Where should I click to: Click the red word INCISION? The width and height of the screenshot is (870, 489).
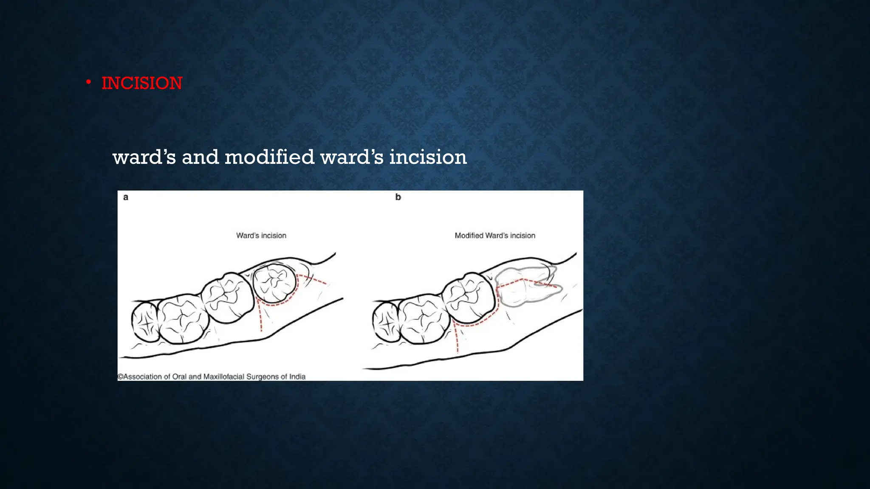(142, 83)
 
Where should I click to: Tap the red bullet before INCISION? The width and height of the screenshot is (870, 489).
(88, 82)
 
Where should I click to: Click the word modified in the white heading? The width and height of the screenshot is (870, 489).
(269, 157)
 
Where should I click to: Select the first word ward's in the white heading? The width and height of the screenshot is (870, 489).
(144, 157)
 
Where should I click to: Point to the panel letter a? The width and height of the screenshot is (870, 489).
(126, 197)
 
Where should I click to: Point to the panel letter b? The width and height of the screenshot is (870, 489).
(398, 197)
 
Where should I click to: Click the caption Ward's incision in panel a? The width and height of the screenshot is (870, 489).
(261, 236)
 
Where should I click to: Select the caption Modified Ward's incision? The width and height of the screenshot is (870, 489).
(495, 236)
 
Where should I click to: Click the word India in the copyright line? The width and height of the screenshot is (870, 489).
(297, 377)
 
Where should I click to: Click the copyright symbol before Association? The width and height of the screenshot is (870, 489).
(120, 377)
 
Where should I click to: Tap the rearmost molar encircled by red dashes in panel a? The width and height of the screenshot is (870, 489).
(274, 282)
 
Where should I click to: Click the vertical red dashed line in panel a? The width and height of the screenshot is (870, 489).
(260, 316)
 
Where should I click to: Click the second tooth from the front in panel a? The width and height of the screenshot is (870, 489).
(183, 318)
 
